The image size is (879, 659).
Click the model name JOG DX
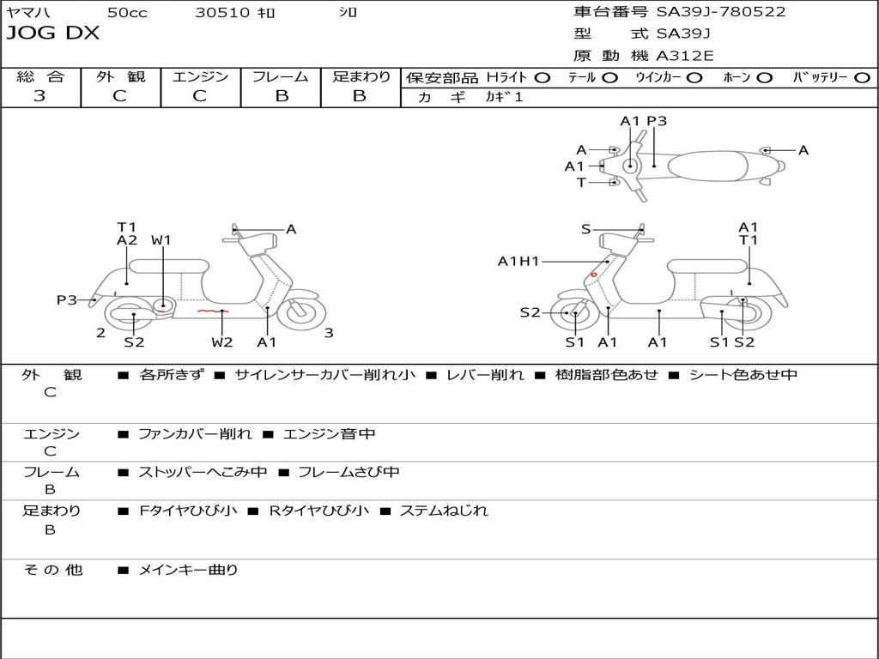pyautogui.click(x=53, y=33)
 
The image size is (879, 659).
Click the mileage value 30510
pyautogui.click(x=222, y=12)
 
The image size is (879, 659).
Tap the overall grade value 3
pyautogui.click(x=39, y=96)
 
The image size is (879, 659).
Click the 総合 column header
pyautogui.click(x=40, y=76)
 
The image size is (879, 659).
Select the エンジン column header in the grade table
pyautogui.click(x=200, y=76)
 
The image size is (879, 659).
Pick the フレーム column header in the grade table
pyautogui.click(x=281, y=76)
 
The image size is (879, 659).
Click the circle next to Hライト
pyautogui.click(x=542, y=77)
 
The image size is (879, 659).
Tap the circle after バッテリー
pyautogui.click(x=862, y=77)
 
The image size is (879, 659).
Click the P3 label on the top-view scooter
pyautogui.click(x=657, y=121)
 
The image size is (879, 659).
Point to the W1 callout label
pyautogui.click(x=161, y=240)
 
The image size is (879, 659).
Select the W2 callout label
pyautogui.click(x=222, y=342)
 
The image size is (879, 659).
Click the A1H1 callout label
pyautogui.click(x=518, y=262)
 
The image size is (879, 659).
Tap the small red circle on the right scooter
pyautogui.click(x=593, y=275)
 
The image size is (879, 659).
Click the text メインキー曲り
pyautogui.click(x=188, y=569)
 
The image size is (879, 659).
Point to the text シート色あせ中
pyautogui.click(x=743, y=375)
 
